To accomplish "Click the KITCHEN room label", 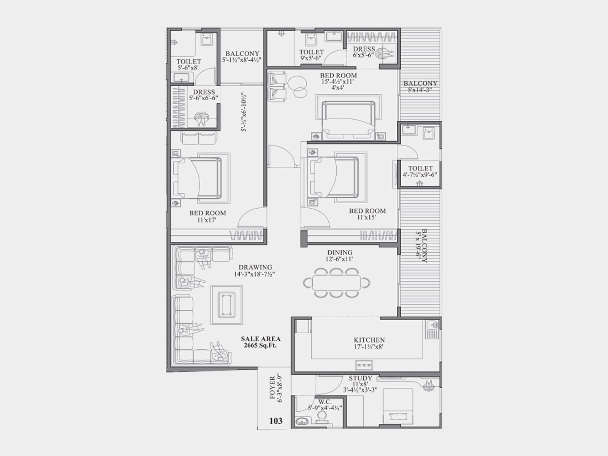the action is tap(369, 340).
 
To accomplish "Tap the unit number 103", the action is tap(276, 421).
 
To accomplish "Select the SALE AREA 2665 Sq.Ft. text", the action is tap(261, 342).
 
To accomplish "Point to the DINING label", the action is tap(340, 252).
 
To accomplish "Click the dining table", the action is tap(337, 283).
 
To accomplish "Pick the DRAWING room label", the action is tap(255, 267).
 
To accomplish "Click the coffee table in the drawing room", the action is tap(226, 304).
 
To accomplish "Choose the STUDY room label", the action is tap(360, 378).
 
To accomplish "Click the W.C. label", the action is tap(325, 402).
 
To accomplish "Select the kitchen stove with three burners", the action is tap(364, 365).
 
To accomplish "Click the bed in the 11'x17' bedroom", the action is tap(198, 178).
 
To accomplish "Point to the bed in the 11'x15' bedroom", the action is tap(334, 177).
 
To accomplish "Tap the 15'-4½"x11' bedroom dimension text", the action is tap(338, 82).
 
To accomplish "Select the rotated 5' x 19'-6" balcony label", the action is tap(421, 245).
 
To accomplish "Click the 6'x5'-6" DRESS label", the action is tap(364, 52).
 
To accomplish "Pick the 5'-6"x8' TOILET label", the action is tap(188, 65).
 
